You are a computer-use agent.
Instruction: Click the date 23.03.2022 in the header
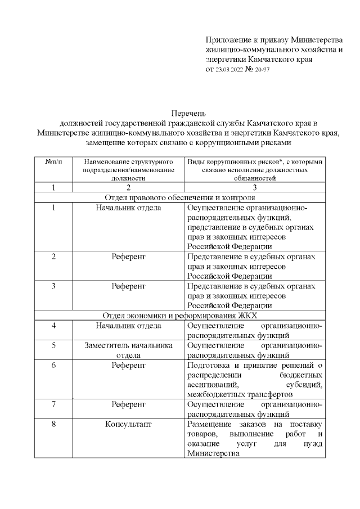coord(227,70)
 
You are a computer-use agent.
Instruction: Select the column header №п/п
coord(53,161)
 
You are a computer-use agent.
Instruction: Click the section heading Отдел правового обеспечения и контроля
coord(179,197)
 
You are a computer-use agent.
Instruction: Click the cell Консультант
coord(128,424)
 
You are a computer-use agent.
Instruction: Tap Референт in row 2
coord(128,256)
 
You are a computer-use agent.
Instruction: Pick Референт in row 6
coord(128,365)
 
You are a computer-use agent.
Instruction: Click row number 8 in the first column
coord(53,424)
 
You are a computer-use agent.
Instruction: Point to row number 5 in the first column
coord(53,345)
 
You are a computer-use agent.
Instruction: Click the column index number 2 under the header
coord(128,187)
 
